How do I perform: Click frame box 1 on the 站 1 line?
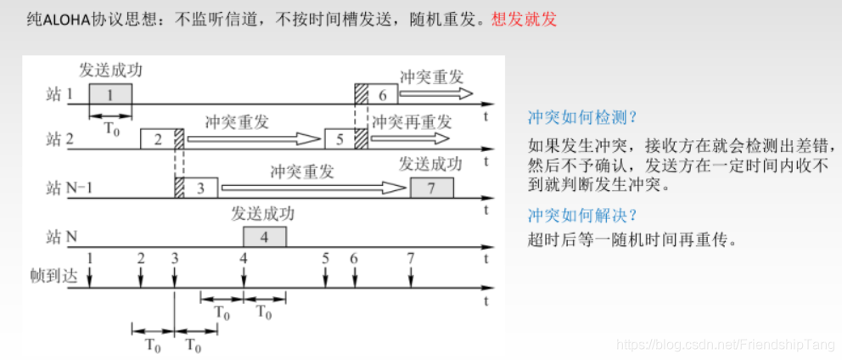111,94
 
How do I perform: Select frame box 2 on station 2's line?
157,140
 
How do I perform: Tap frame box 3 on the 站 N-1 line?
200,188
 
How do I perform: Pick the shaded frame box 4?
265,237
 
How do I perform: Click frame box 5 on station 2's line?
340,140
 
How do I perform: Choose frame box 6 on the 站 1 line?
383,94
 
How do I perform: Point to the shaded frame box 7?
431,188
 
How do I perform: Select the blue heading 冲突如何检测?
582,116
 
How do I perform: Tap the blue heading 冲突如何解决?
582,215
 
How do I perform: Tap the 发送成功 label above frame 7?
430,164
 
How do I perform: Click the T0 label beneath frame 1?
112,128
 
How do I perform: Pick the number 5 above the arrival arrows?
326,257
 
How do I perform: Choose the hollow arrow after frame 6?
438,92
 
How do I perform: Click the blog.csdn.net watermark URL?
725,346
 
